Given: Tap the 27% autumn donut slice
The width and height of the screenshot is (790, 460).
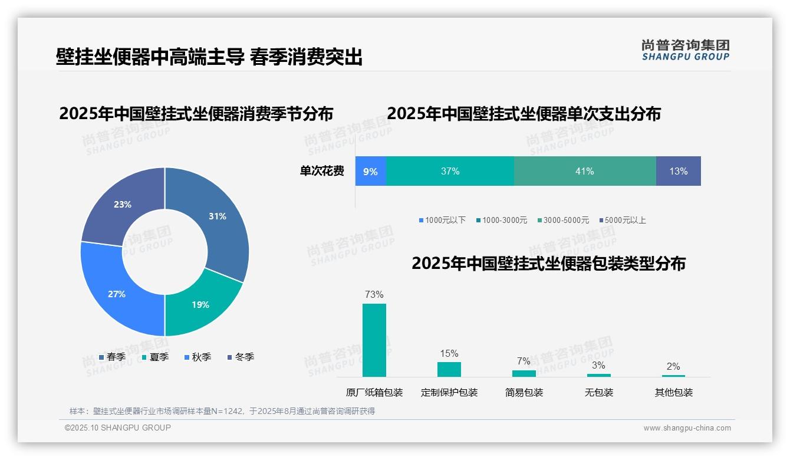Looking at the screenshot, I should pos(118,293).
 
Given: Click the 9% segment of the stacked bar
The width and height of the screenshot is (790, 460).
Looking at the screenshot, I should pos(370,172).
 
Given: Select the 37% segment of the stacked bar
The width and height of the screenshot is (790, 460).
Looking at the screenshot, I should pos(450,172).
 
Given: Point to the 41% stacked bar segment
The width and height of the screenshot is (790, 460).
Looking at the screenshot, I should pos(585,172).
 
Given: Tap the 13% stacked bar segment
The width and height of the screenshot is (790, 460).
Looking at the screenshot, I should pos(678,172).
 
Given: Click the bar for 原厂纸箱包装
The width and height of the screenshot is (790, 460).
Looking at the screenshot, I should pos(374,340).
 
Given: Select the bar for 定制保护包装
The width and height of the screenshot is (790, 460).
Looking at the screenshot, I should pos(449,369).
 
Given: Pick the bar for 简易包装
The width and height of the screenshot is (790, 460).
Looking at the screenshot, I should pos(524,373).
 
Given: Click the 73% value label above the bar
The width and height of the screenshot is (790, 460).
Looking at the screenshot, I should pos(374,294).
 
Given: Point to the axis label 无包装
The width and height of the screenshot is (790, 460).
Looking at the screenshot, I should pos(599,392).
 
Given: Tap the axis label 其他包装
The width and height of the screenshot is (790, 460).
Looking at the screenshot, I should pos(674,392).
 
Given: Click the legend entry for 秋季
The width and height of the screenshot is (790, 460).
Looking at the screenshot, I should pos(198,357).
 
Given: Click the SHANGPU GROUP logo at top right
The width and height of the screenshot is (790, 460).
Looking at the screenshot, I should pos(686,50).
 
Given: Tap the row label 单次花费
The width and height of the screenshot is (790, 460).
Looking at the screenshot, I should pos(322,172).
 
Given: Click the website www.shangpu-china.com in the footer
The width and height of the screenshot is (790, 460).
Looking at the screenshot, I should pos(687,428).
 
